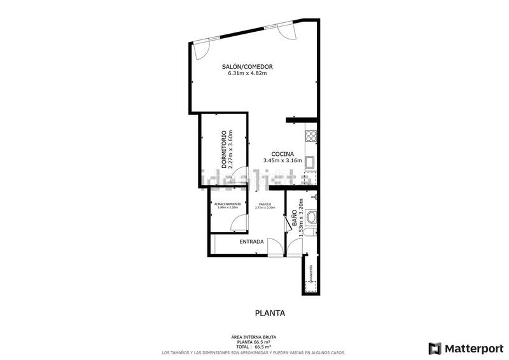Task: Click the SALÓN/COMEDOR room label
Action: (x=248, y=67)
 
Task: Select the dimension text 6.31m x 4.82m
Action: (x=248, y=74)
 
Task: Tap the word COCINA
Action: (x=282, y=154)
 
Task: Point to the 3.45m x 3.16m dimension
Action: (x=282, y=161)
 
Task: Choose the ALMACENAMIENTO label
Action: (x=227, y=204)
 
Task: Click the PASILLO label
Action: (x=264, y=204)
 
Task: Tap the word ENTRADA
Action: (x=251, y=242)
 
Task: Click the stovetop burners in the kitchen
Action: (x=311, y=135)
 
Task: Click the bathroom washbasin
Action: (x=311, y=219)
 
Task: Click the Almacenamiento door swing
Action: (x=238, y=221)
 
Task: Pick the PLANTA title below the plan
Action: (x=270, y=313)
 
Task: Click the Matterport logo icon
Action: (x=435, y=348)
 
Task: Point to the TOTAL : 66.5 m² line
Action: (x=254, y=347)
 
